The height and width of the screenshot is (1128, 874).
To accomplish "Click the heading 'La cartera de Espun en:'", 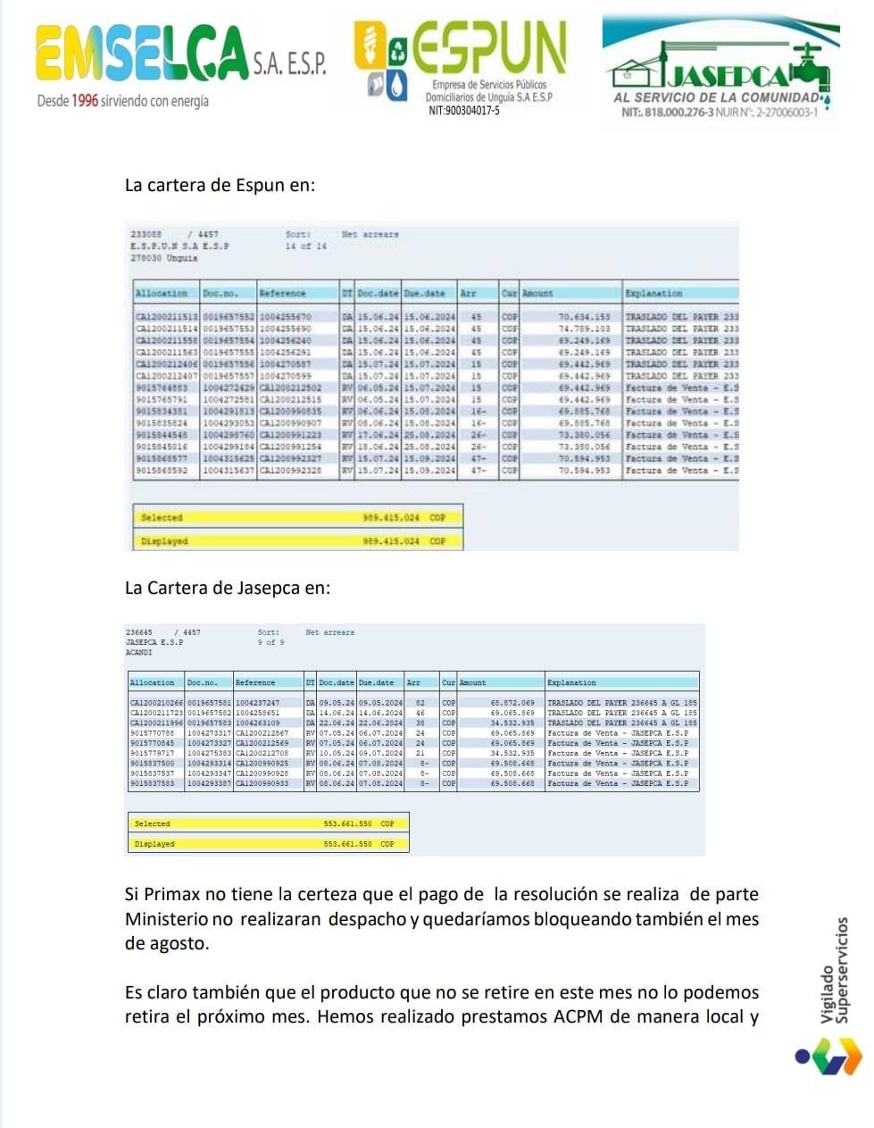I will (x=220, y=186).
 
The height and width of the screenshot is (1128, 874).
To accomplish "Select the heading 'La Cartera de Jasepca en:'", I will (x=228, y=588).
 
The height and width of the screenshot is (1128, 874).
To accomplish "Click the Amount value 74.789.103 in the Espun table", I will (x=584, y=329).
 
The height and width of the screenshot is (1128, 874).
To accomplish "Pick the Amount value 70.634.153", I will (x=584, y=317).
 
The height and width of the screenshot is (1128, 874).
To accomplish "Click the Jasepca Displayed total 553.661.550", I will (x=348, y=844).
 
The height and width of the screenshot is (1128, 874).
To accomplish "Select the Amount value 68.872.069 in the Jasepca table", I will (x=512, y=703).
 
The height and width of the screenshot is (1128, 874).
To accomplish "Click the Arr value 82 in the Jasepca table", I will (x=420, y=703).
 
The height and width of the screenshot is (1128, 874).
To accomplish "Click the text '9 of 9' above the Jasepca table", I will (x=271, y=642).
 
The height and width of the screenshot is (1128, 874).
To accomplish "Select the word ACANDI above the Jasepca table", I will (x=139, y=652).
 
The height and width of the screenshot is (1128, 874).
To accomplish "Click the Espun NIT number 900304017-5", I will (x=464, y=111).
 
